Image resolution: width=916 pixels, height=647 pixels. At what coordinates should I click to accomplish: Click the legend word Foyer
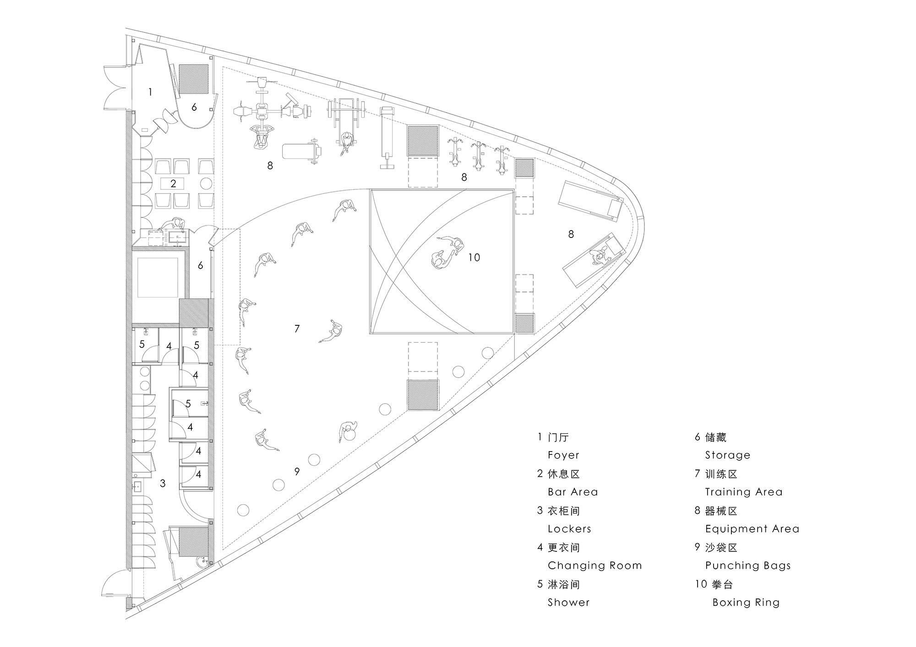pyautogui.click(x=563, y=455)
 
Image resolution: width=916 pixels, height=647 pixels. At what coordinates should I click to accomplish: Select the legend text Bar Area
pyautogui.click(x=572, y=492)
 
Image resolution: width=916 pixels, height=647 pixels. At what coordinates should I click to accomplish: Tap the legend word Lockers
pyautogui.click(x=569, y=529)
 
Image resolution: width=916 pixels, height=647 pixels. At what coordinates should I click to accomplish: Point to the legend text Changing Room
pyautogui.click(x=594, y=566)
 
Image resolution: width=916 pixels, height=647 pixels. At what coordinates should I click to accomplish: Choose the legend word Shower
pyautogui.click(x=568, y=602)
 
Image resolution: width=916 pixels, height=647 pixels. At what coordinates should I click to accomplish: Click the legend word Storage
pyautogui.click(x=727, y=455)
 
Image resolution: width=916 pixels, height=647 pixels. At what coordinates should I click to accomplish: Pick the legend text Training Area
pyautogui.click(x=743, y=492)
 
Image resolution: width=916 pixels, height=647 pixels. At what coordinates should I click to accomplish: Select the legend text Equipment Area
pyautogui.click(x=752, y=529)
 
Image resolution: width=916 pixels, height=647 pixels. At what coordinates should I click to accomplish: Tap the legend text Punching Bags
pyautogui.click(x=747, y=566)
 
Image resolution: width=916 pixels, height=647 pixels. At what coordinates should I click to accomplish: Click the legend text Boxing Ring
pyautogui.click(x=746, y=602)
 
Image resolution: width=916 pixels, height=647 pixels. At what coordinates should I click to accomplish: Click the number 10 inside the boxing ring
pyautogui.click(x=474, y=258)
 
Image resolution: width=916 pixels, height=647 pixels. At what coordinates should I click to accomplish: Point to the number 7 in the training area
pyautogui.click(x=297, y=329)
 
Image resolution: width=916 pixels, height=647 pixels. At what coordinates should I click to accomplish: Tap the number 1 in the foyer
pyautogui.click(x=150, y=92)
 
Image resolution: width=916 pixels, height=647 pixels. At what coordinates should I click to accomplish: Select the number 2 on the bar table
pyautogui.click(x=173, y=184)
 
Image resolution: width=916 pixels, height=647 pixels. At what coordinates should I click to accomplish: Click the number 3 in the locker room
pyautogui.click(x=163, y=483)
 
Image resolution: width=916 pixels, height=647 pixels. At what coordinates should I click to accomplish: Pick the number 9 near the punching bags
pyautogui.click(x=297, y=471)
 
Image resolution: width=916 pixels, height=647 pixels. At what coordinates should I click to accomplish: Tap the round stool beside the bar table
pyautogui.click(x=207, y=184)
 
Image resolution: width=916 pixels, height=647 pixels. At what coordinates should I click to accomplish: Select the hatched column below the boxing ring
pyautogui.click(x=423, y=395)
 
